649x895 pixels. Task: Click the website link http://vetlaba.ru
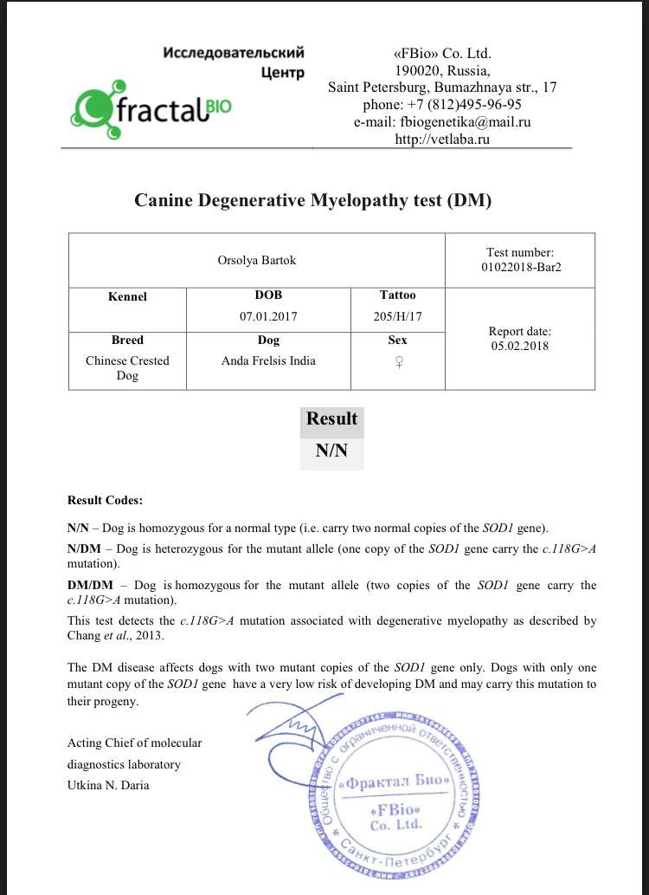pyautogui.click(x=442, y=139)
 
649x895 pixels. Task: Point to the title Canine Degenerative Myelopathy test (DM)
pyautogui.click(x=312, y=200)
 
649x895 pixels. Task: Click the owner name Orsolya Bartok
pyautogui.click(x=257, y=260)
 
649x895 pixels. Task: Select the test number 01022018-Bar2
pyautogui.click(x=521, y=268)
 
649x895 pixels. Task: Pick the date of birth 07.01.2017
pyautogui.click(x=268, y=316)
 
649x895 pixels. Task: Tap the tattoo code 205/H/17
pyautogui.click(x=397, y=316)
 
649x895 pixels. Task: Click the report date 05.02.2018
pyautogui.click(x=520, y=346)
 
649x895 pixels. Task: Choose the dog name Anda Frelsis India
pyautogui.click(x=269, y=360)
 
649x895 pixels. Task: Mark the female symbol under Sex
pyautogui.click(x=398, y=364)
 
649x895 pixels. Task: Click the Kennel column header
pyautogui.click(x=127, y=296)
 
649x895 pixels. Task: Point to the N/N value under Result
pyautogui.click(x=331, y=451)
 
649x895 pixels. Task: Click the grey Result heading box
pyautogui.click(x=331, y=419)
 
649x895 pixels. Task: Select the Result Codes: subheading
pyautogui.click(x=105, y=500)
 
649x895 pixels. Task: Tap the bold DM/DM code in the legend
pyautogui.click(x=89, y=586)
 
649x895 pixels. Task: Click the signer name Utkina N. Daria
pyautogui.click(x=108, y=785)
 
